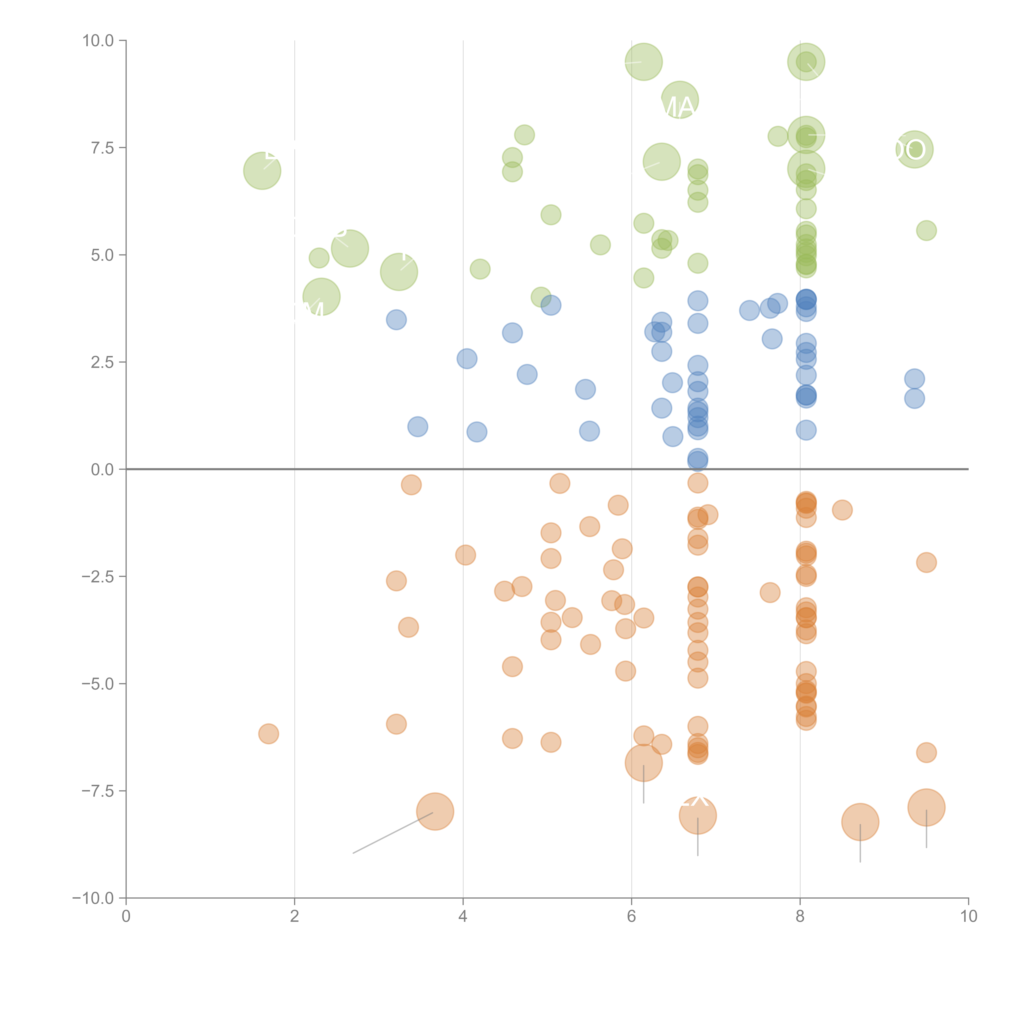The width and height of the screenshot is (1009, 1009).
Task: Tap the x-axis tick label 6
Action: pos(631,917)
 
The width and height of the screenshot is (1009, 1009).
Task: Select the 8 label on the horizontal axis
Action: pos(800,917)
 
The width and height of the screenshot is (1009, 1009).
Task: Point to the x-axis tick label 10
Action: pos(968,917)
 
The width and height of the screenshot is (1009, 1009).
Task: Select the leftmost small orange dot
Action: pos(268,734)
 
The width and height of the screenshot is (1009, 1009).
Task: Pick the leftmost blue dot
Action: pos(396,320)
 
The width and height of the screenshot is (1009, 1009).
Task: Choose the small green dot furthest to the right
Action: pos(926,230)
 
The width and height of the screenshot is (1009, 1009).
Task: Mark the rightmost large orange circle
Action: pos(926,807)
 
